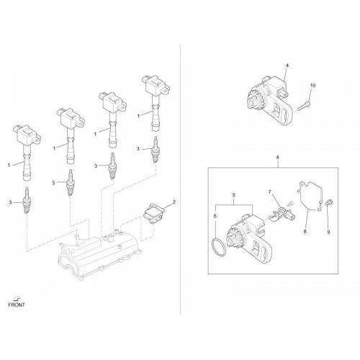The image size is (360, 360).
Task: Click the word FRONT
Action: pyautogui.click(x=17, y=305)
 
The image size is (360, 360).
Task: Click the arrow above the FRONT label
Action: pyautogui.click(x=17, y=299)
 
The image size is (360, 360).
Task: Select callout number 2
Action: pyautogui.click(x=174, y=202)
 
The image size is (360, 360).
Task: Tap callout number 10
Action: pyautogui.click(x=312, y=86)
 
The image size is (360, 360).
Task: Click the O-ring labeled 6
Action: pyautogui.click(x=218, y=248)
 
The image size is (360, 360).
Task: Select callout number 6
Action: pyautogui.click(x=215, y=216)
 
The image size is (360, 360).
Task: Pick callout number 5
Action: pyautogui.click(x=234, y=195)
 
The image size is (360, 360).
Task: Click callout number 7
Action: pyautogui.click(x=269, y=192)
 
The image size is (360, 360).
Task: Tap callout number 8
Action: pyautogui.click(x=305, y=232)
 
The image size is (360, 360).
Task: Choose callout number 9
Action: pyautogui.click(x=328, y=232)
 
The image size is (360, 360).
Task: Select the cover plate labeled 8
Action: pyautogui.click(x=310, y=196)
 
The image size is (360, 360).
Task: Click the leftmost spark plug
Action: pyautogui.click(x=27, y=200)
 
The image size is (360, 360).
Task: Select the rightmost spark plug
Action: pyautogui.click(x=156, y=149)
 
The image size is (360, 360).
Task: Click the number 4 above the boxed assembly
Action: pyautogui.click(x=278, y=158)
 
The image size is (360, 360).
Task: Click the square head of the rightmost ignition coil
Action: pyautogui.click(x=156, y=86)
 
